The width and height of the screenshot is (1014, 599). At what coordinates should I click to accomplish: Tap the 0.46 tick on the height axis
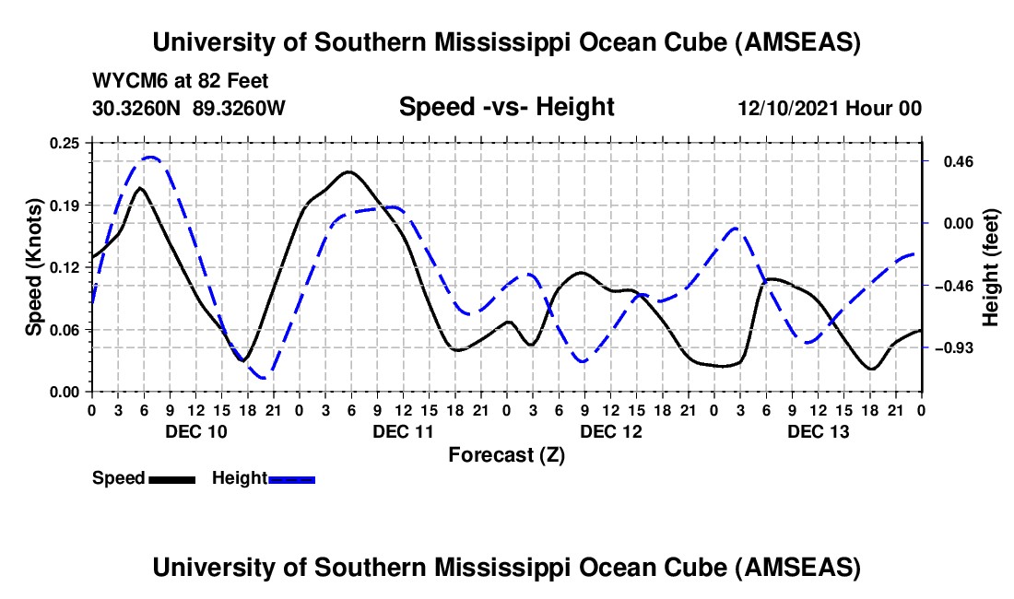[953, 161]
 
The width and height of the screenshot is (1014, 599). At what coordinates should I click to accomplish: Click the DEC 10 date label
[195, 431]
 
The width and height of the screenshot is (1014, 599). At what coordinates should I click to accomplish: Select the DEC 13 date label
[818, 431]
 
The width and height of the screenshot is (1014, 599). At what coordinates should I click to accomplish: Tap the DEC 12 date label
[610, 431]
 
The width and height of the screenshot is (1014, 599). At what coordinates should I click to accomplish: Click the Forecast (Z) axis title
[506, 454]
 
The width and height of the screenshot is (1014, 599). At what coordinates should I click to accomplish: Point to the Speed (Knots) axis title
[34, 267]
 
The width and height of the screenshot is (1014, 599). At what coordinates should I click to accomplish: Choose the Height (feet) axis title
[991, 267]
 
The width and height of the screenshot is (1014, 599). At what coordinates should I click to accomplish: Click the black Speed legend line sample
[171, 478]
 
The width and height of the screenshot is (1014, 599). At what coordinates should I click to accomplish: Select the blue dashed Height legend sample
[291, 478]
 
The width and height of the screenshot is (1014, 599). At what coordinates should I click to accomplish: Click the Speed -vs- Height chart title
[506, 107]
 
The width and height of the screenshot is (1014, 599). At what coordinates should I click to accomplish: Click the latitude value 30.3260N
[137, 108]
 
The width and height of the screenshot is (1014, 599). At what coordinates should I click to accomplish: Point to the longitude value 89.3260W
[239, 108]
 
